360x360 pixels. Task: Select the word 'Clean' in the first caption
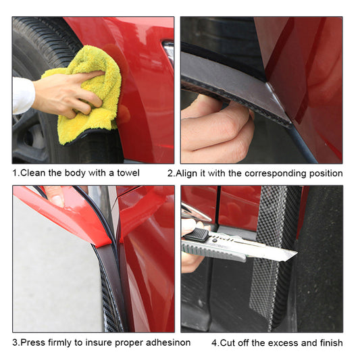34,173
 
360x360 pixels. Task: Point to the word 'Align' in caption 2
190,173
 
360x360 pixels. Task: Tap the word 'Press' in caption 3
35,342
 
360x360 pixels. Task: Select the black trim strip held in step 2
230,81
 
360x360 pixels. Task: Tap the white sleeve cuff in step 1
22,95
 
